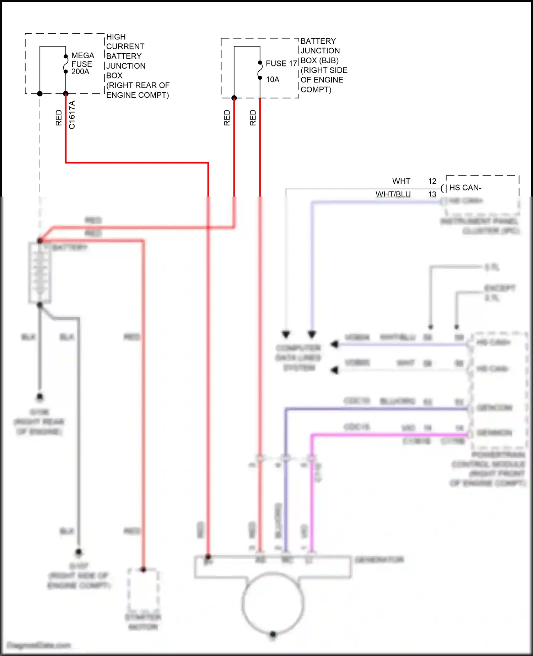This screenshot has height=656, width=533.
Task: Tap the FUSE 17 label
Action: click(281, 64)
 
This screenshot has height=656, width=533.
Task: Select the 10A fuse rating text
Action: click(273, 80)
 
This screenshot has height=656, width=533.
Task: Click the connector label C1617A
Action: click(72, 114)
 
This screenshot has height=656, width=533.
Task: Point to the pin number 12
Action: click(432, 181)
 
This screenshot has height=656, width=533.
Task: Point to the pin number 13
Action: click(432, 194)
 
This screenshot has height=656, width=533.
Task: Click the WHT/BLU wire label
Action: click(393, 194)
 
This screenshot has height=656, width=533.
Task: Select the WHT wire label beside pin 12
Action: click(401, 181)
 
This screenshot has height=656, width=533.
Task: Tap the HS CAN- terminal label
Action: click(465, 188)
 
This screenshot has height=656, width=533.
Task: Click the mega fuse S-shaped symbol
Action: click(66, 64)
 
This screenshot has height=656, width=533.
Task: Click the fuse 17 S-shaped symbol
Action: click(260, 70)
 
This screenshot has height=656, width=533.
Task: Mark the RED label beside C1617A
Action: click(59, 118)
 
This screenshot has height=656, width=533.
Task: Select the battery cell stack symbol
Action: click(40, 273)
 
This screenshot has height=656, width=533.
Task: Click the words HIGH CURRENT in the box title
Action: click(125, 42)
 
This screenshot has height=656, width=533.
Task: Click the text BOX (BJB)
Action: click(319, 60)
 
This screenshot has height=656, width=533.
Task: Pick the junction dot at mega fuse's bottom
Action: click(66, 94)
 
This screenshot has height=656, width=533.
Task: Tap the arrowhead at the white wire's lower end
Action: click(286, 334)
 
